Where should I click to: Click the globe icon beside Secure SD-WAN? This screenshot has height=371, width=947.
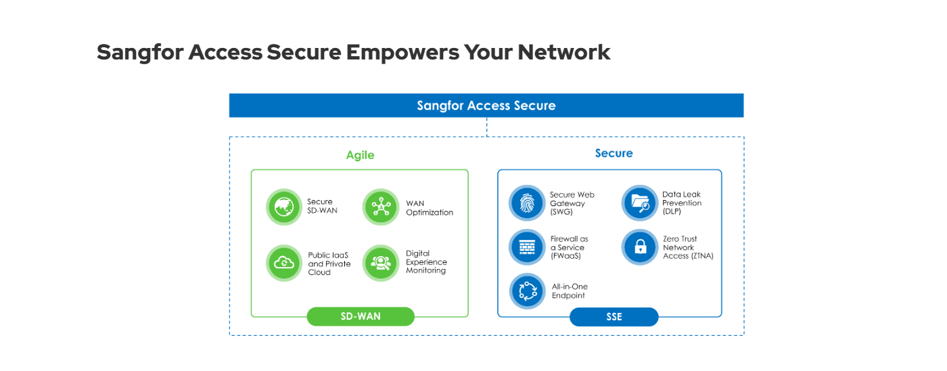click(284, 207)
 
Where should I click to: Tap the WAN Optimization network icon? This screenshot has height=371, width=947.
click(381, 207)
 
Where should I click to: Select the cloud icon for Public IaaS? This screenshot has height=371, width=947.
click(284, 264)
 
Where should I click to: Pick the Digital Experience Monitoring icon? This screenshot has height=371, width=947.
click(381, 264)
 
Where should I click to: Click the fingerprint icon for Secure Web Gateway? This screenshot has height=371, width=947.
click(527, 203)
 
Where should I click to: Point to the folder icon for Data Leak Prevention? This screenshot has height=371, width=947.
click(640, 203)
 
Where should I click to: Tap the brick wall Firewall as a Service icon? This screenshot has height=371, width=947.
click(527, 247)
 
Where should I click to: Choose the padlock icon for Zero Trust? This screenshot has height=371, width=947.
click(640, 247)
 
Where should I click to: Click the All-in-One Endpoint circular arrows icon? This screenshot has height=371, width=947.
click(528, 291)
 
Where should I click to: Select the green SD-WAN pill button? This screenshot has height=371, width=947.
click(361, 316)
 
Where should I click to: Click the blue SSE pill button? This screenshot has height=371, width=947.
click(614, 317)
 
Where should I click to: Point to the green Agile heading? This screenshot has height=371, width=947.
click(360, 155)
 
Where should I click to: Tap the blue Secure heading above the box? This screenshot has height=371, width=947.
click(614, 153)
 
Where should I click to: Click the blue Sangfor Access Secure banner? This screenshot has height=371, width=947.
click(486, 105)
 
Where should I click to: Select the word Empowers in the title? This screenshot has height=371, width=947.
click(402, 53)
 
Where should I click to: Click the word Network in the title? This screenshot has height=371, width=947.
click(564, 52)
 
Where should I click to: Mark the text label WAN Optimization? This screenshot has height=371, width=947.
click(430, 208)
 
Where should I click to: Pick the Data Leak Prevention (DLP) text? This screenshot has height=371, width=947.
click(682, 203)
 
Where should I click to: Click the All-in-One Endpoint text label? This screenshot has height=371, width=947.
click(570, 291)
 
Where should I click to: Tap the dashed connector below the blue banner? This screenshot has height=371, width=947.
click(486, 127)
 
